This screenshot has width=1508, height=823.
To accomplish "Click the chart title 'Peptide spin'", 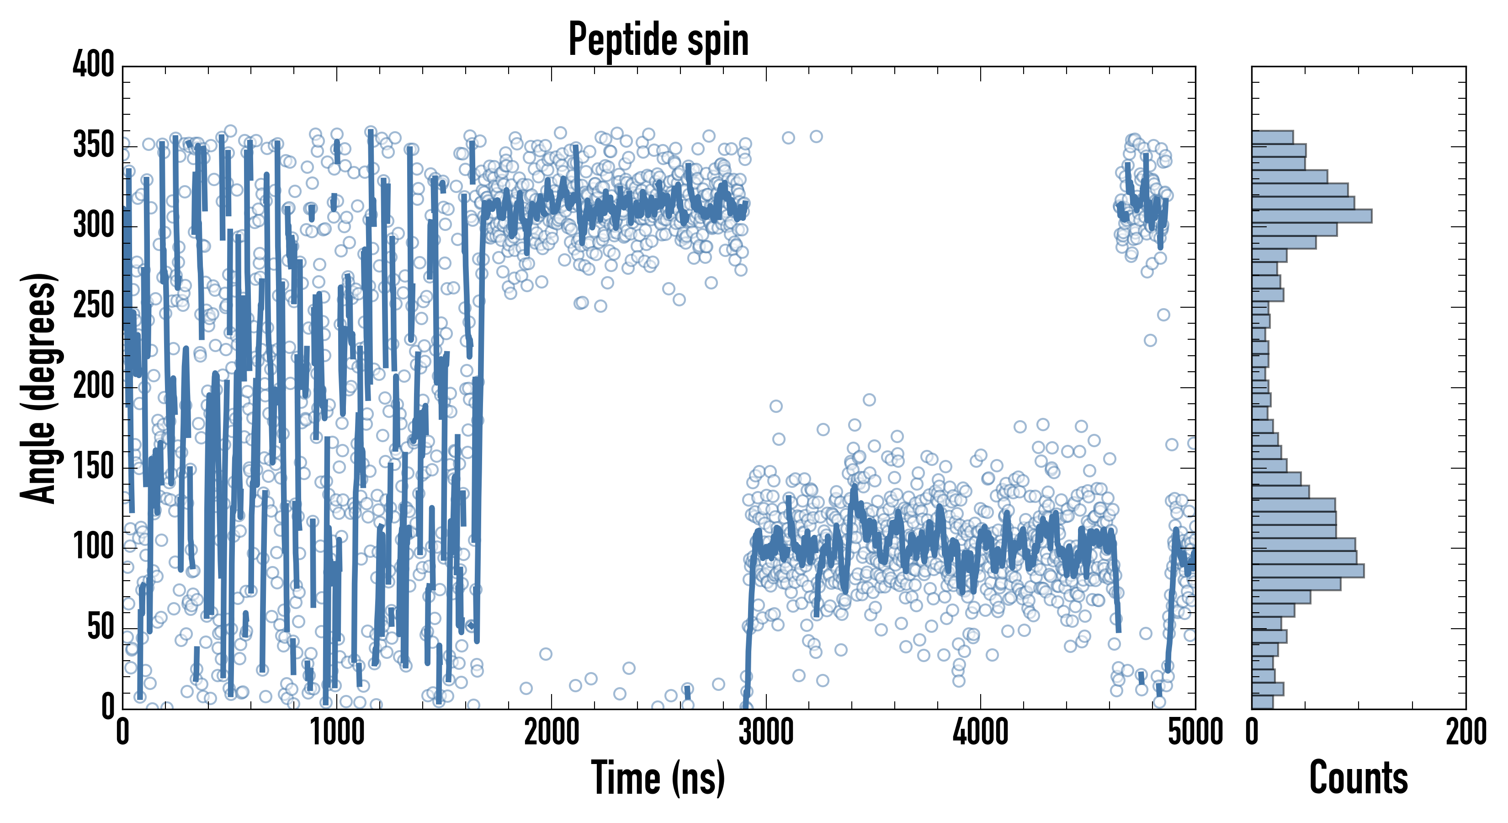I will coord(658,40).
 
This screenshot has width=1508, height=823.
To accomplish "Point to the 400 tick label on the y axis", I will coord(93,64).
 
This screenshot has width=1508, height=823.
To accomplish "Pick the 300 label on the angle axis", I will coord(93,225).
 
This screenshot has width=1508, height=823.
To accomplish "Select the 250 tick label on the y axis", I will coord(93,306).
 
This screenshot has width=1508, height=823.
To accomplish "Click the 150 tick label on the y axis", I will coord(93,467).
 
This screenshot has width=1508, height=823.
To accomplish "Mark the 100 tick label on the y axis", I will coord(93,547).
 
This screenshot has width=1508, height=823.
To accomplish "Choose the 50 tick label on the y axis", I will coord(100,627).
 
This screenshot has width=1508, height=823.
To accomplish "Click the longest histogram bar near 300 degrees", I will coord(1312,215).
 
